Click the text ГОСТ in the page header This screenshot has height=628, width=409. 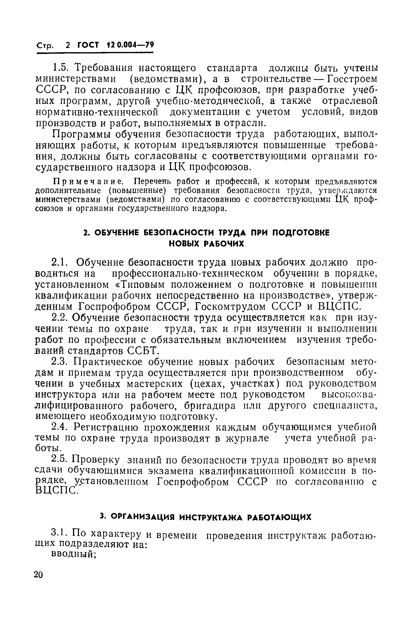88,45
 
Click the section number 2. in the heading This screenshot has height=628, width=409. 85,233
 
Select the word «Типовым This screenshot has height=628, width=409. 133,285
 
